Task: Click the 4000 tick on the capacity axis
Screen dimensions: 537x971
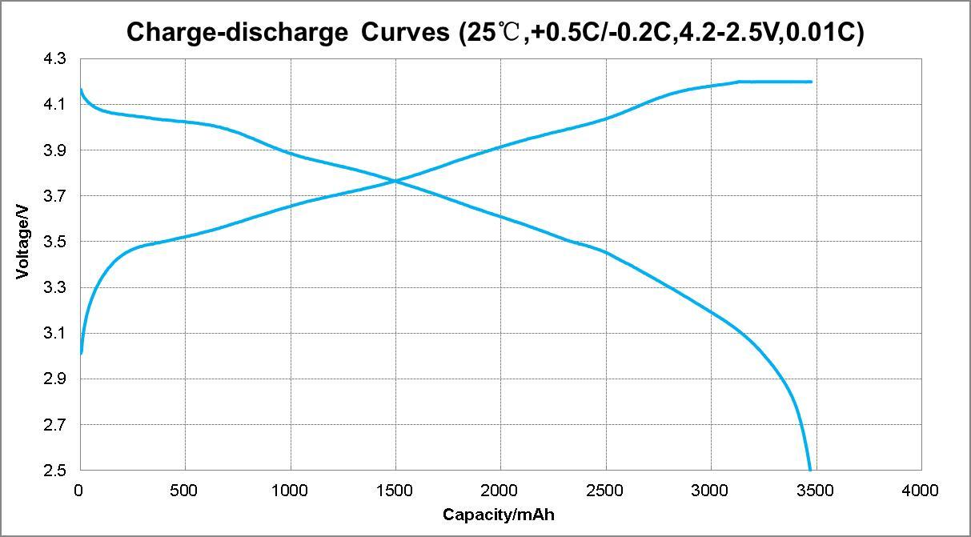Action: [x=921, y=490]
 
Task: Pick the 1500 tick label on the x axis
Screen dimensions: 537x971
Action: [x=395, y=490]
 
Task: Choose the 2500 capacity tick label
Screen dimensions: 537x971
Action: [x=605, y=490]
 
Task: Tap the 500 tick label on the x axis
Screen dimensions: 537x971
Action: [x=185, y=490]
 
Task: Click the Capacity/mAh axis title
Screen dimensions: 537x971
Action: [x=498, y=515]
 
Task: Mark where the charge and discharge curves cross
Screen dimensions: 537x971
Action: [x=395, y=182]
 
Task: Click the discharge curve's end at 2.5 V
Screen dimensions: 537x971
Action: [x=810, y=470]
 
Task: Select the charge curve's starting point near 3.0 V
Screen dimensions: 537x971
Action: [x=81, y=352]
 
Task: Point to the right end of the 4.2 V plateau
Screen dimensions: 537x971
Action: [x=811, y=82]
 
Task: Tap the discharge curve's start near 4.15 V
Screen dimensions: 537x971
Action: [x=80, y=90]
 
